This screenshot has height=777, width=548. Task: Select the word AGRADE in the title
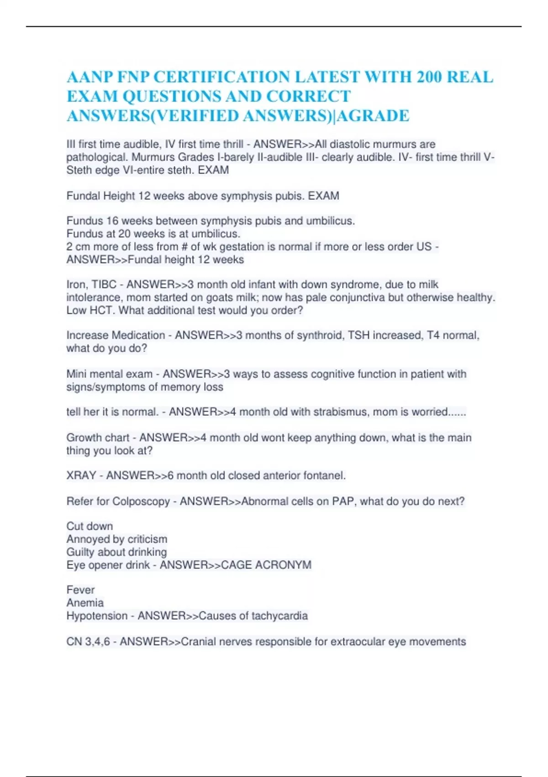tap(373, 116)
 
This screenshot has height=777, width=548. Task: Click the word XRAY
tap(81, 475)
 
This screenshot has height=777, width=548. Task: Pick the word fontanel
tap(326, 475)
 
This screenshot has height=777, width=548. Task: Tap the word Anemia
tap(85, 603)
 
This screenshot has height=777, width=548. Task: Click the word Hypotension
tap(97, 616)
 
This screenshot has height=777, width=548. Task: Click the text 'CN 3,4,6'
tap(88, 642)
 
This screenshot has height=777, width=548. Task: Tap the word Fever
tap(80, 590)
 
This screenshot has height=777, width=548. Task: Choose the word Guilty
tap(80, 552)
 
